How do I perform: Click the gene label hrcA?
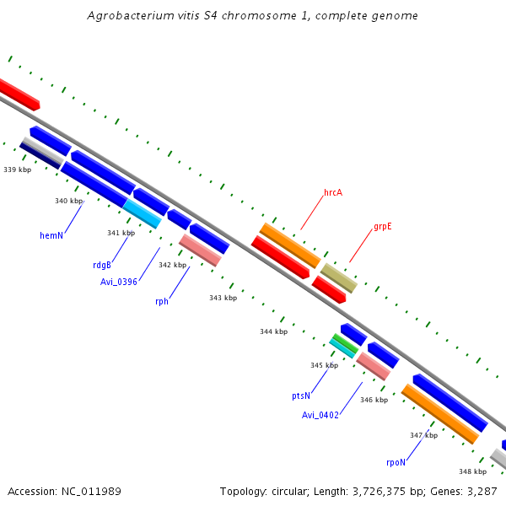(x=333, y=192)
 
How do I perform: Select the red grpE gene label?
(x=383, y=227)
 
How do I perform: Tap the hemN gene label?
(x=51, y=235)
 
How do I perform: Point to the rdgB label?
(x=102, y=265)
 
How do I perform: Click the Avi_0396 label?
(x=119, y=282)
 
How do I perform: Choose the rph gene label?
(x=162, y=301)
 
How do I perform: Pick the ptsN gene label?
(x=301, y=396)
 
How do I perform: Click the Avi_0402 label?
(x=320, y=415)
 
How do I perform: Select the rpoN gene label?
(x=396, y=462)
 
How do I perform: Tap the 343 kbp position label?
(x=223, y=298)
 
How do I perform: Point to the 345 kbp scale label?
(x=324, y=365)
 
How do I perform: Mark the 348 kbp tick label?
(x=472, y=471)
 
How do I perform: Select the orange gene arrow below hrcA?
(x=290, y=245)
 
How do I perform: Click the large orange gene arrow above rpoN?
(x=439, y=414)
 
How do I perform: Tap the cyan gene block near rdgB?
(x=142, y=213)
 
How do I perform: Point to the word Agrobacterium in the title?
(x=132, y=16)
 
